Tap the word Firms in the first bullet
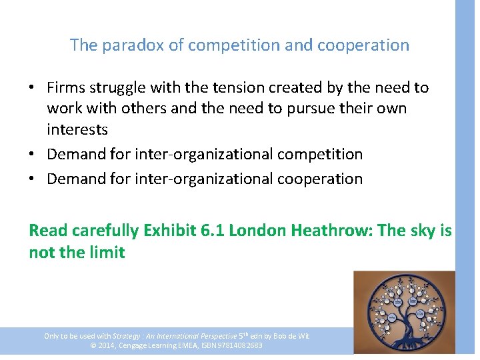(64, 88)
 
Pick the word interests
(77, 129)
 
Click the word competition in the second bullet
(319, 154)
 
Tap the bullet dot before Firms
(33, 88)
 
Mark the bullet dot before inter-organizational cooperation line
(33, 179)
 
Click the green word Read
(48, 231)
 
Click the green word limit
(107, 252)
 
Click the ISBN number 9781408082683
(238, 345)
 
